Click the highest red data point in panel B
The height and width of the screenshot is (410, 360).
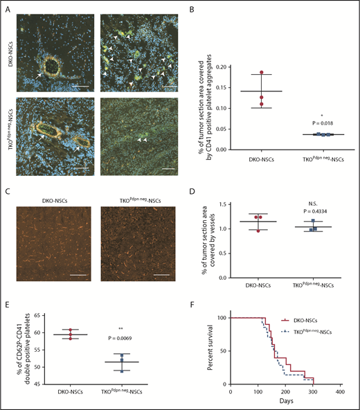point(261,73)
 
